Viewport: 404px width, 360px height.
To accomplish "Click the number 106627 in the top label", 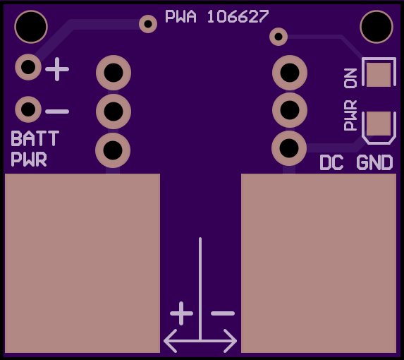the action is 238,16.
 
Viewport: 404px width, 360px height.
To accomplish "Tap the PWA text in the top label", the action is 180,16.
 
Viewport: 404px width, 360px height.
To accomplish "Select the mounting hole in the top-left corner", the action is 31,27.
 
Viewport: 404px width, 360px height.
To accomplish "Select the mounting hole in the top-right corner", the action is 377,27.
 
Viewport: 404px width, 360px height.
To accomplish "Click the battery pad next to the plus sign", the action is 28,67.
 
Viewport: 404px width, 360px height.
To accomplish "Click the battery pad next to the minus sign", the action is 28,109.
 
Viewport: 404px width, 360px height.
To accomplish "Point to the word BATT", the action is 35,138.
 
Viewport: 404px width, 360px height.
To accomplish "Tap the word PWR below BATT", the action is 29,159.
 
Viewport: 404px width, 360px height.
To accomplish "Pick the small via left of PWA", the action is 148,24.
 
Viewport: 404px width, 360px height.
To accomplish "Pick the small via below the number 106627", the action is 278,37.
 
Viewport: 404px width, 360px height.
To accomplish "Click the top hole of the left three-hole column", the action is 114,73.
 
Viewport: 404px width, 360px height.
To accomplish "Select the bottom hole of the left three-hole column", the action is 113,150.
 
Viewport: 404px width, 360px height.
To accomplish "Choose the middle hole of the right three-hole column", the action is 290,110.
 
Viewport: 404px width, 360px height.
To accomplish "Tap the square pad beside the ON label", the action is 379,75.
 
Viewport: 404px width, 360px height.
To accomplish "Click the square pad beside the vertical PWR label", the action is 379,124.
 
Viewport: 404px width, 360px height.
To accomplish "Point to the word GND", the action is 374,162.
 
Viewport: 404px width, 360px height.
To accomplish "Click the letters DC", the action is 331,162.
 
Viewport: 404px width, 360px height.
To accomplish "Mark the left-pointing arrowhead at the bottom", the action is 170,341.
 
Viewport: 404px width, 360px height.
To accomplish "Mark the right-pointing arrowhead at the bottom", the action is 231,341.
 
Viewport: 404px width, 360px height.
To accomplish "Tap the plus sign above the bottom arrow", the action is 181,313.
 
